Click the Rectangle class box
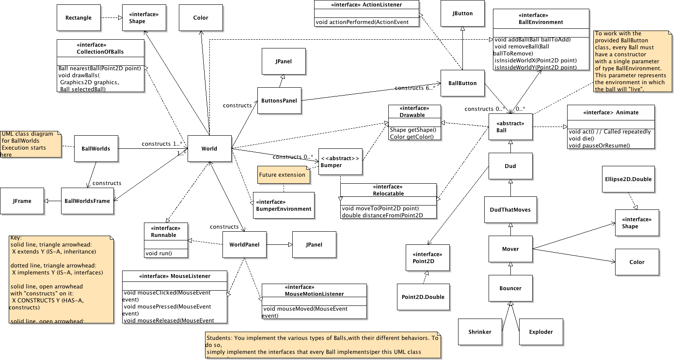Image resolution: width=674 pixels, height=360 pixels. (79, 18)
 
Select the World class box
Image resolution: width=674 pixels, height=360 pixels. (209, 149)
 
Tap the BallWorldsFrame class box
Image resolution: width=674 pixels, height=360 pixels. (87, 201)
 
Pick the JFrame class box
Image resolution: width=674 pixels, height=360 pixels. (22, 201)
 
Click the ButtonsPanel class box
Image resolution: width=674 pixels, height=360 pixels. (279, 101)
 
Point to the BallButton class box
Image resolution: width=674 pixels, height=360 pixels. (462, 83)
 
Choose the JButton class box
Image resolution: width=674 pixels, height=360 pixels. (462, 14)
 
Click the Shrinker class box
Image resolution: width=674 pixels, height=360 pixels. (480, 332)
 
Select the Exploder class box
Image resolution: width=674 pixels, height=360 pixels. (541, 332)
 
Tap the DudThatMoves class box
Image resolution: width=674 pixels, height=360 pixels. (510, 210)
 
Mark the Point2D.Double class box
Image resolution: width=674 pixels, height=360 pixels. (423, 297)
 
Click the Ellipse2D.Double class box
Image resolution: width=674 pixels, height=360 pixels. (628, 179)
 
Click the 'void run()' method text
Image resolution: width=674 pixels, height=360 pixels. (159, 254)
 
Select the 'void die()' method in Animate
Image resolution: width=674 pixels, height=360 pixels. (582, 139)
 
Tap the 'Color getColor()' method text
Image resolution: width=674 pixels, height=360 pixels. (412, 137)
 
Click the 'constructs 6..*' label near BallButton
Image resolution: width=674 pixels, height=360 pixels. (415, 88)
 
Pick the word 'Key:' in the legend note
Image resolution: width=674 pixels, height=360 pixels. (16, 238)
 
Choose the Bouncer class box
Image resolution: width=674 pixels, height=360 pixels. (510, 288)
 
